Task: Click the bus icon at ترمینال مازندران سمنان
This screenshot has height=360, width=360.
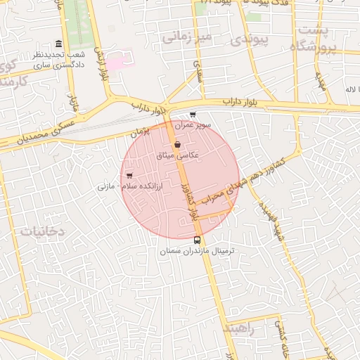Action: coord(197,240)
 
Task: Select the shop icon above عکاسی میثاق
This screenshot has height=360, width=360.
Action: coord(176,144)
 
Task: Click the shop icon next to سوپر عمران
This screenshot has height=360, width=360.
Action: coord(193,115)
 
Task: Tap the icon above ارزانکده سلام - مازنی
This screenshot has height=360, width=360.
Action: coord(129,175)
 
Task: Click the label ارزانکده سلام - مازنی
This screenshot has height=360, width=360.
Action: coord(128,186)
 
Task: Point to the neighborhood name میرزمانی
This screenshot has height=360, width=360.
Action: coord(186,37)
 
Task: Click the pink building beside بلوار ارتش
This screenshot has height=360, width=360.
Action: coord(115,63)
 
